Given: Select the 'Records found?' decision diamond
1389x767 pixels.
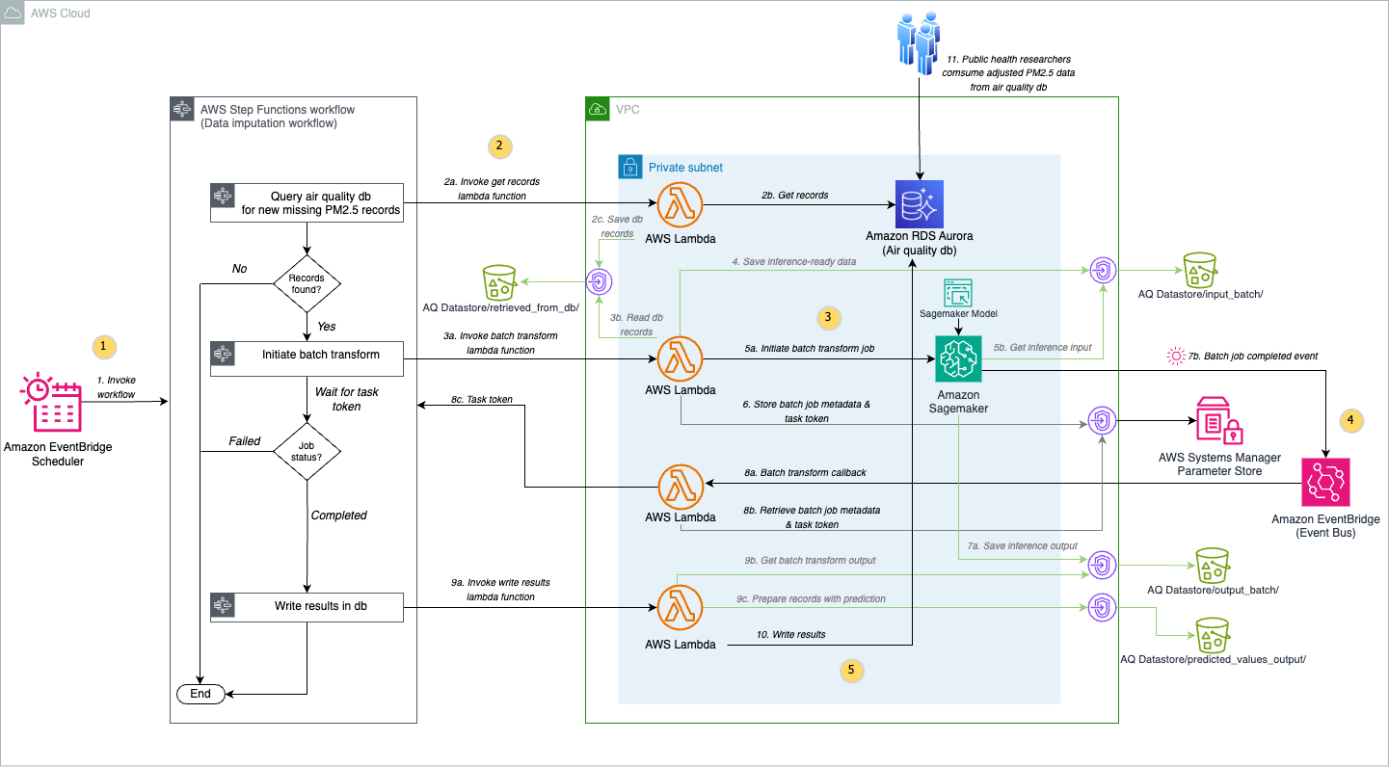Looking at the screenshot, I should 307,283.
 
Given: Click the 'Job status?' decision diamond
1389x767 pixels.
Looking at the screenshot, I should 307,450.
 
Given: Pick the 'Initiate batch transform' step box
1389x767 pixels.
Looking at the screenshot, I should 307,355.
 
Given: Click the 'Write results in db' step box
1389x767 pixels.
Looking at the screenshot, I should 307,606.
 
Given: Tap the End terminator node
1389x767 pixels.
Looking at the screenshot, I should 200,694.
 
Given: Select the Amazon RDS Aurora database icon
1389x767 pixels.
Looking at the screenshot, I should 920,205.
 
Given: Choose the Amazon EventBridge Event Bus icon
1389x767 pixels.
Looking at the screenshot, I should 1326,482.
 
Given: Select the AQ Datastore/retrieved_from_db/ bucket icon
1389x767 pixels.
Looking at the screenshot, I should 500,281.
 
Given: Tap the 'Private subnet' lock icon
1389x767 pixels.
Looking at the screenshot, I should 629,167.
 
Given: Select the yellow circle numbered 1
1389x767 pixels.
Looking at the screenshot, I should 103,345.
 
